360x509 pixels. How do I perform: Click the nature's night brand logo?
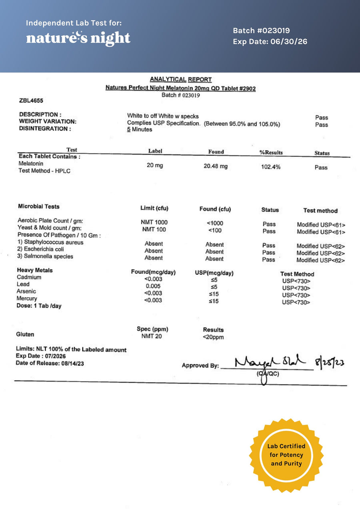coord(78,38)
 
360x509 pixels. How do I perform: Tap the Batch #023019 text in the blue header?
coord(262,31)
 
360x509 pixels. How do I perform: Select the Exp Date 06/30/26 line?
coord(270,42)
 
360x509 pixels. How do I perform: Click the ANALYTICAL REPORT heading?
coord(181,80)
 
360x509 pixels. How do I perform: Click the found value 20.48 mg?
coord(216,166)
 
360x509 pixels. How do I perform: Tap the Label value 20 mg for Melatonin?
coord(155,166)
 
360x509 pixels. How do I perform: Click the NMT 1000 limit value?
coord(154,222)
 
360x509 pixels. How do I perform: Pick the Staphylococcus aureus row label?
coord(50,242)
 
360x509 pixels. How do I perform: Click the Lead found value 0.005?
coord(154,286)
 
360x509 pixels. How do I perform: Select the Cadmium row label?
coord(29,277)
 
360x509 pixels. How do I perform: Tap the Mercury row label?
coord(27,298)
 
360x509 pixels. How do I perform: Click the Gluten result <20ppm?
coord(214,337)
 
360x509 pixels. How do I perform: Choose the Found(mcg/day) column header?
coord(153,272)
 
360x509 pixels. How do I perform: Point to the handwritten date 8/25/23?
coord(330,363)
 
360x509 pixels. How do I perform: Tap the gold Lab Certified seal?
coord(286,455)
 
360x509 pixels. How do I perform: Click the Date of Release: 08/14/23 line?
coord(50,363)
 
